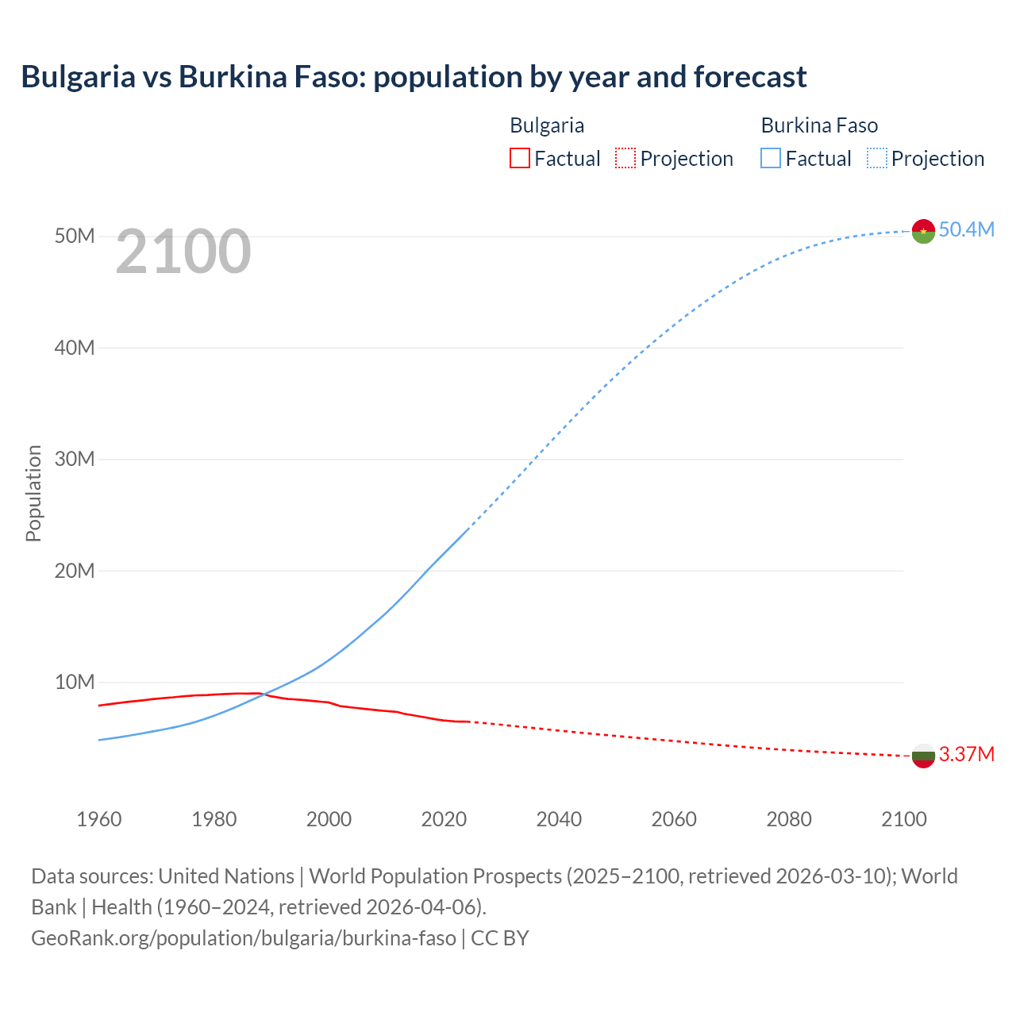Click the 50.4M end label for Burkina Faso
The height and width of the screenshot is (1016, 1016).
pos(966,230)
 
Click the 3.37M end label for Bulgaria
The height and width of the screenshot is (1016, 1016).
pos(966,754)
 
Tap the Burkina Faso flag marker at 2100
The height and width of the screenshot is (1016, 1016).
pos(923,231)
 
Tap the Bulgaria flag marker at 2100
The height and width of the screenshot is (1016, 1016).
pos(923,756)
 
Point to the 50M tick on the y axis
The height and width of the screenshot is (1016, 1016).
pos(75,237)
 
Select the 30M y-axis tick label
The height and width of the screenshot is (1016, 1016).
pos(75,460)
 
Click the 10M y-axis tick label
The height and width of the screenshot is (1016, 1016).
pos(75,683)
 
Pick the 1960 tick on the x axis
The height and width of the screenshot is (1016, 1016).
pos(99,819)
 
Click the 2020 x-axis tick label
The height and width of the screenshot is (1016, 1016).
pos(444,819)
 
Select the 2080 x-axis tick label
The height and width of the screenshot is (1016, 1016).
pos(789,819)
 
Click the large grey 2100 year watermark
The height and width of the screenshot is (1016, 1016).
pos(183,252)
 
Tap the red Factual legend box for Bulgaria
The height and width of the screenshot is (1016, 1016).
pos(519,158)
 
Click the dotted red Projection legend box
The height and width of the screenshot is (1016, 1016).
pos(625,158)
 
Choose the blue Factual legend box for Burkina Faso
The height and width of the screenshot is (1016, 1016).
pos(771,158)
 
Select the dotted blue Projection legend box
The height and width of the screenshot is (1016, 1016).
pos(877,158)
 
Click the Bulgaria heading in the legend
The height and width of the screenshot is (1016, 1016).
pos(547,125)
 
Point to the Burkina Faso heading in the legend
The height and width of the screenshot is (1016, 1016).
pos(819,125)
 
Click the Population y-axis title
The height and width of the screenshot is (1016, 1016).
pos(33,493)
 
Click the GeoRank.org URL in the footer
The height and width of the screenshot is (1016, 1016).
pos(244,938)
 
